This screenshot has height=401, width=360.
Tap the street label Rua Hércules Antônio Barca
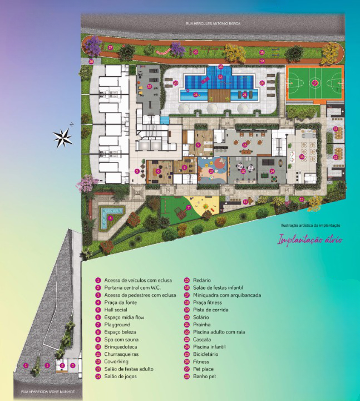point(212,23)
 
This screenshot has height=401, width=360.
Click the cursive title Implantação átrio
point(310,240)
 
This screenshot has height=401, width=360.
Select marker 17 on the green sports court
point(314,83)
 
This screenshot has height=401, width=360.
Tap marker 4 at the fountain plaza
point(110,218)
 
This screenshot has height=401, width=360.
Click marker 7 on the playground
point(189,207)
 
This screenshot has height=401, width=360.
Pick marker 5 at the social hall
point(136,172)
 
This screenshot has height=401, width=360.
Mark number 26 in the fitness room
point(149,86)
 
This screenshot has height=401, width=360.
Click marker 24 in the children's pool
point(196,95)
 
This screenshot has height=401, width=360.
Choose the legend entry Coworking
point(117,361)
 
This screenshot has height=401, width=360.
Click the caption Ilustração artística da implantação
point(311,225)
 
